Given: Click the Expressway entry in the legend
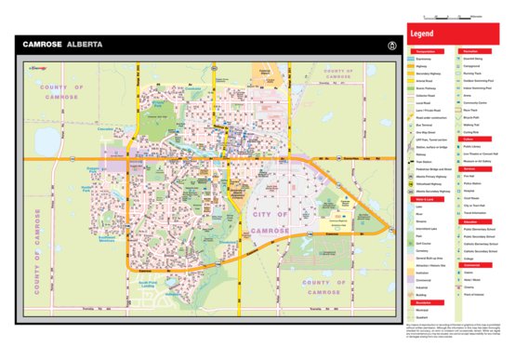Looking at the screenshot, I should point(423,59).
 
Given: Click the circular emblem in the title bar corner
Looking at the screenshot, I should point(394,44).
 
